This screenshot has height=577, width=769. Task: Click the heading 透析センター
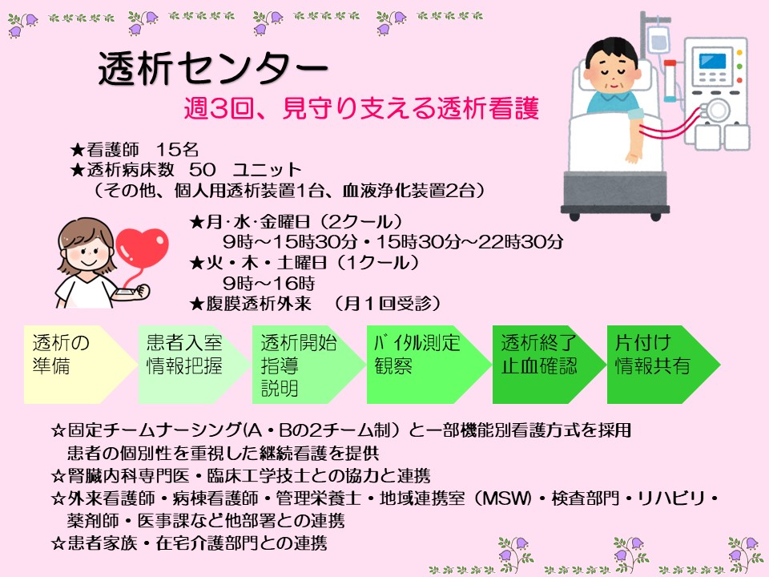(213, 68)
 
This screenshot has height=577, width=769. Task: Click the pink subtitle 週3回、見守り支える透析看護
(361, 108)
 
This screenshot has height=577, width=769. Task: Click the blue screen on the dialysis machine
(712, 62)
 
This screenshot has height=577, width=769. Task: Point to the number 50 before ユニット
(202, 170)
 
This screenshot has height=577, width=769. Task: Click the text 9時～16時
(269, 283)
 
